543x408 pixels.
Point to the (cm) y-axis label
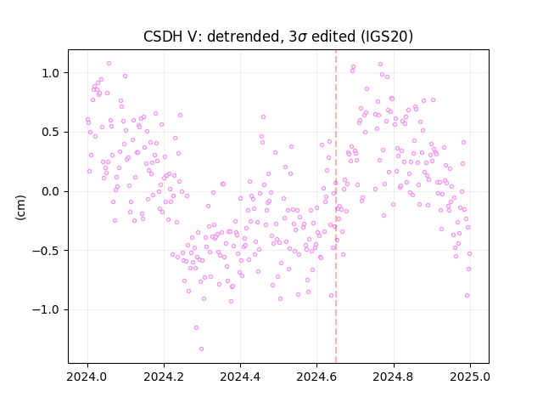click(20, 207)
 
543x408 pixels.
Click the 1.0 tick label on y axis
click(51, 73)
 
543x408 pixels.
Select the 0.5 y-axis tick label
click(51, 133)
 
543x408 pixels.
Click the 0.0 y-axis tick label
click(51, 191)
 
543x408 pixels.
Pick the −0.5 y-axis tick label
click(47, 251)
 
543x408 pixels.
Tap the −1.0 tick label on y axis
click(47, 309)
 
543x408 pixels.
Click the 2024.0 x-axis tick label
click(87, 377)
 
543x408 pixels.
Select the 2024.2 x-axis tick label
click(164, 377)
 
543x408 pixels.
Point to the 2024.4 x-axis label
click(240, 377)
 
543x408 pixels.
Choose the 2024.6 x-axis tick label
click(316, 377)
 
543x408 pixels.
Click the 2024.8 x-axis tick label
click(393, 377)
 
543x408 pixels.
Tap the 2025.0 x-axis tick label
click(470, 377)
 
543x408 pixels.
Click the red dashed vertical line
click(336, 207)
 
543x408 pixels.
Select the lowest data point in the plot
click(201, 348)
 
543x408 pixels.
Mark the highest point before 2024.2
click(109, 63)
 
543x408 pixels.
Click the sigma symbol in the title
click(302, 37)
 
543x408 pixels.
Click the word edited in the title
click(333, 37)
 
